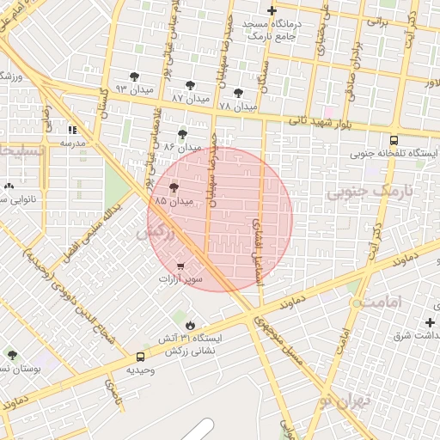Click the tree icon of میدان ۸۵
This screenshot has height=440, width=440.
(174, 186)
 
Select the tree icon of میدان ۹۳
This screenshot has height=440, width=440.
(133, 76)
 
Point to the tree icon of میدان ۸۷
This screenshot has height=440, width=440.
(189, 85)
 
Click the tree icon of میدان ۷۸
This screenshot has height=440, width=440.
(237, 93)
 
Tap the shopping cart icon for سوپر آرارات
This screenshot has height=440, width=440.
(180, 266)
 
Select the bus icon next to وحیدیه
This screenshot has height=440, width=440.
(140, 357)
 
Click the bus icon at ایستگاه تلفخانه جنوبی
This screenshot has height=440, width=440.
(394, 140)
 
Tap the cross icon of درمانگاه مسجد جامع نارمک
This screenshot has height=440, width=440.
(272, 11)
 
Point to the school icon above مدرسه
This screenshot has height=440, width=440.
(72, 130)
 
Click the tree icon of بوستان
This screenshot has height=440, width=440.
(12, 354)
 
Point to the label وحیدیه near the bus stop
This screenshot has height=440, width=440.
(140, 370)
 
